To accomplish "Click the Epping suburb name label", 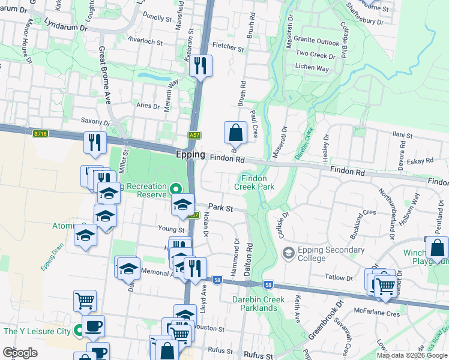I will coord(190,154).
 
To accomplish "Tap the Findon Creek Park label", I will coord(258,182).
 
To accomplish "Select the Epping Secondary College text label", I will coord(322,254).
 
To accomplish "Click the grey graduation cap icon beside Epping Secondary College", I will coord(288,253).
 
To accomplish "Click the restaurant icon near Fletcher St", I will coord(201,65).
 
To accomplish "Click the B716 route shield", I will coord(41,134).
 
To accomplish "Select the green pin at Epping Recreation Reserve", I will coord(175,188).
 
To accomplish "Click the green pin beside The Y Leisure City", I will coord(79,331).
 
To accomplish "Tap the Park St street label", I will coord(221,208).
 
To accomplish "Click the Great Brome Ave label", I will coord(106,74).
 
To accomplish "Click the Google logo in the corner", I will coord(20,352).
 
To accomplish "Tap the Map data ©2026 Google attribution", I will coord(412,355).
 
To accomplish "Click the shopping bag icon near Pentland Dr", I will coord(437,248).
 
